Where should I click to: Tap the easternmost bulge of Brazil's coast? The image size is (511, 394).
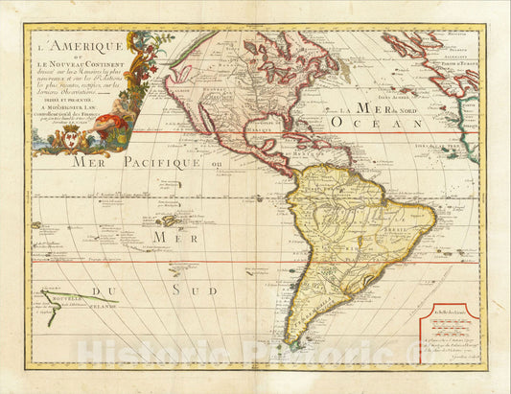[434, 213]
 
